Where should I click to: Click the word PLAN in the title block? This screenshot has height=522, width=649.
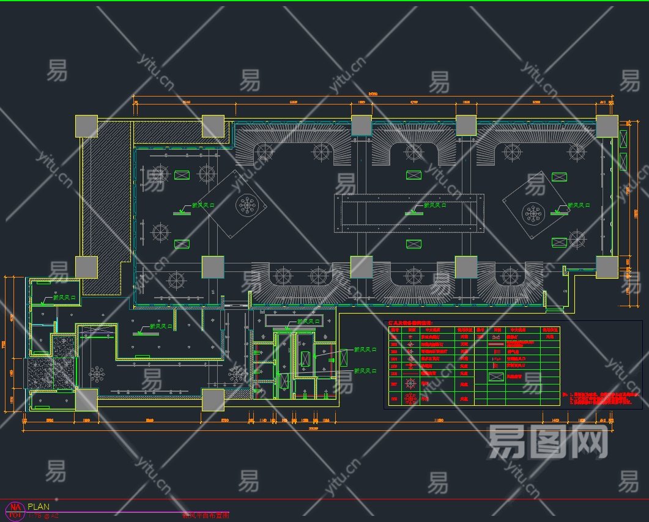pyautogui.click(x=39, y=507)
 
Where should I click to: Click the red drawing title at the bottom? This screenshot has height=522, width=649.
pyautogui.click(x=205, y=515)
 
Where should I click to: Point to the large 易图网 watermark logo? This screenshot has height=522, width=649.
pyautogui.click(x=547, y=441)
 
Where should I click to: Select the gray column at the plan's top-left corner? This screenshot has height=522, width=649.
pyautogui.click(x=86, y=126)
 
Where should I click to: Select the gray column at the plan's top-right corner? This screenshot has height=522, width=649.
pyautogui.click(x=607, y=126)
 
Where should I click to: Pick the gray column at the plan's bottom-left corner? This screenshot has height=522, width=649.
pyautogui.click(x=86, y=400)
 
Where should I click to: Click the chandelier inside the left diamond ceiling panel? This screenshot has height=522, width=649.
pyautogui.click(x=248, y=205)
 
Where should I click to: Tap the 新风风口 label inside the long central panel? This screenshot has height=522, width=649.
pyautogui.click(x=431, y=205)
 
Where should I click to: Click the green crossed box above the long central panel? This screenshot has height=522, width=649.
pyautogui.click(x=414, y=175)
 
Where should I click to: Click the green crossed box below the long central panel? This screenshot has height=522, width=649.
pyautogui.click(x=414, y=244)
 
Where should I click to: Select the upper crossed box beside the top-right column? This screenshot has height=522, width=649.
pyautogui.click(x=623, y=139)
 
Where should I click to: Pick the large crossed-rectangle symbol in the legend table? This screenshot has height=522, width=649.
pyautogui.click(x=496, y=377)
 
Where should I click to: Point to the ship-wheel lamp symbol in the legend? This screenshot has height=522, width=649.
pyautogui.click(x=412, y=384)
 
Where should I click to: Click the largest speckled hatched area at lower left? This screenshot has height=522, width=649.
pyautogui.click(x=42, y=373)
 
